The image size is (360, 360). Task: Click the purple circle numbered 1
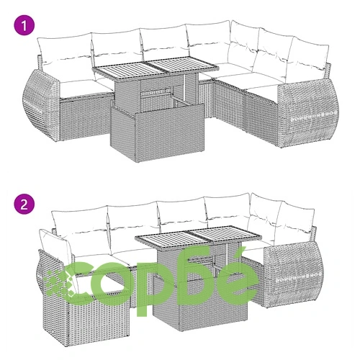[24, 26]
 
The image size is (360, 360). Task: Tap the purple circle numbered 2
[24, 205]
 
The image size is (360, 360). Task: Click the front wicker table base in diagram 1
[158, 132]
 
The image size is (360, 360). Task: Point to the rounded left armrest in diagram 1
[41, 103]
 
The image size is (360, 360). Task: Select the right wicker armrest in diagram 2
[293, 274]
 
